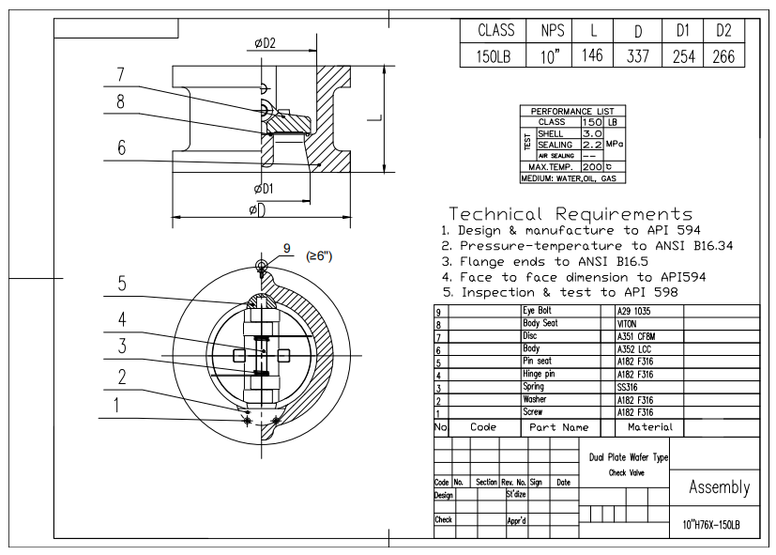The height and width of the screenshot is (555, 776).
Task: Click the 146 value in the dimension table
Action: (591, 55)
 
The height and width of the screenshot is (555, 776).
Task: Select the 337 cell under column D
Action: (636, 55)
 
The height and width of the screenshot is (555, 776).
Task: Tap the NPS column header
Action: (551, 31)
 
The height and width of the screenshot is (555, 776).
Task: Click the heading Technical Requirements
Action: (571, 213)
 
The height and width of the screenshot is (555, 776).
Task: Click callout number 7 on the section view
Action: (121, 74)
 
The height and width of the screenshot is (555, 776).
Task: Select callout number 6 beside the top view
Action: (121, 147)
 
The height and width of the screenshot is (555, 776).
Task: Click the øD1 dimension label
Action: (264, 189)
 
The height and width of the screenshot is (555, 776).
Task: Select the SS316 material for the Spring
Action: (628, 387)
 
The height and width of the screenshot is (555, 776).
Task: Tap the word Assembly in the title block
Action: (720, 486)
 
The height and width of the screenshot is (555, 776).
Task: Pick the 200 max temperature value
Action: (591, 165)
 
